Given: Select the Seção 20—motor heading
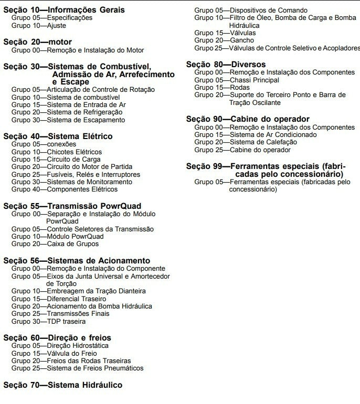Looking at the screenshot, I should coord(37,41).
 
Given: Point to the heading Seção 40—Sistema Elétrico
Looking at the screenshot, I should coord(58,136).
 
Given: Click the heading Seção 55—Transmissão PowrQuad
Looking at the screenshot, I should coord(72,206).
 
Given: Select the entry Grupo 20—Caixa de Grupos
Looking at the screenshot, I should coord(55,244).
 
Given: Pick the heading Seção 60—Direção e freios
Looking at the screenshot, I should coord(57,337).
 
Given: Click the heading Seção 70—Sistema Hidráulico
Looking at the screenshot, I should coord(62,385).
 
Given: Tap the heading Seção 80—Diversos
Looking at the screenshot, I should coord(226,64).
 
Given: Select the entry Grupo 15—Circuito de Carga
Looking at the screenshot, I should coord(56,159).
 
